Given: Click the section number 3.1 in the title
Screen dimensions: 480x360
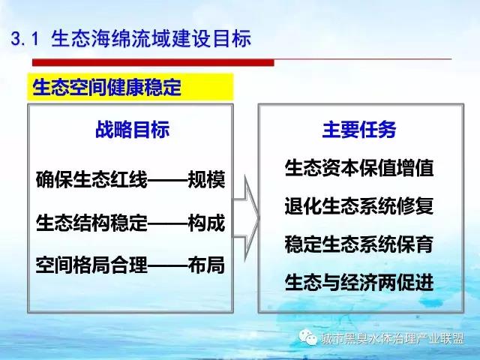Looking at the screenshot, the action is coord(25,39).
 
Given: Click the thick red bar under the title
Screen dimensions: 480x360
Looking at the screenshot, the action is coord(153,62).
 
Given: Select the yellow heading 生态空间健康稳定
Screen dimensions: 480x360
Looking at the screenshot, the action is coord(106,87).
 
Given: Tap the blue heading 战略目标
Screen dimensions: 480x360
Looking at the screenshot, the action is coord(132,130).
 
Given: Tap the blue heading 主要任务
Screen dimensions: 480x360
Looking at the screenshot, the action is coord(359,130).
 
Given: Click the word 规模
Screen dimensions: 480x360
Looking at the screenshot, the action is coord(207,179).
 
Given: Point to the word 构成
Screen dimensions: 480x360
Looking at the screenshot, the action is coord(207,223).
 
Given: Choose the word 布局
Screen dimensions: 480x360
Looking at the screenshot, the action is coord(207,265).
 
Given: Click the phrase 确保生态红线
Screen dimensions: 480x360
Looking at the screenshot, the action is coord(91,179).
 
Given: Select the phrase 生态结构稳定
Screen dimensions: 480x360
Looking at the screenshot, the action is coord(91,223).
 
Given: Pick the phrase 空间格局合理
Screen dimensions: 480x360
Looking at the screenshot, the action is coord(91,265).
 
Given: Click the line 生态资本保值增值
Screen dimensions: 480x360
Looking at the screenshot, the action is coord(359,168).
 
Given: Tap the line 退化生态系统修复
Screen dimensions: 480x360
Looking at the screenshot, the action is coord(359,205).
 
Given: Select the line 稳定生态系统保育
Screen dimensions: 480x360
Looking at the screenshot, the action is coord(359,244).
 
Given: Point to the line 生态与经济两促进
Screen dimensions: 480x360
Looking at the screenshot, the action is coord(359,282).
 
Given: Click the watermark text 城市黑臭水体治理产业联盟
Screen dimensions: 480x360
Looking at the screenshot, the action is coord(392,338).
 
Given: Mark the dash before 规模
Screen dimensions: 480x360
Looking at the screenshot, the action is coord(168,180).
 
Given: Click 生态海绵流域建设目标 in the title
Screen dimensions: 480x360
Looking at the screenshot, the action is coord(151,39).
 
